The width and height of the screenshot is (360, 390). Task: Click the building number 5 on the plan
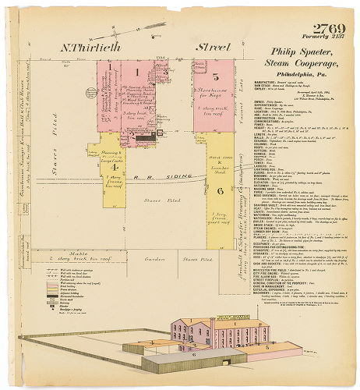point(215,76)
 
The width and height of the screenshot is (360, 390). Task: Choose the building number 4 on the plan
point(114,167)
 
